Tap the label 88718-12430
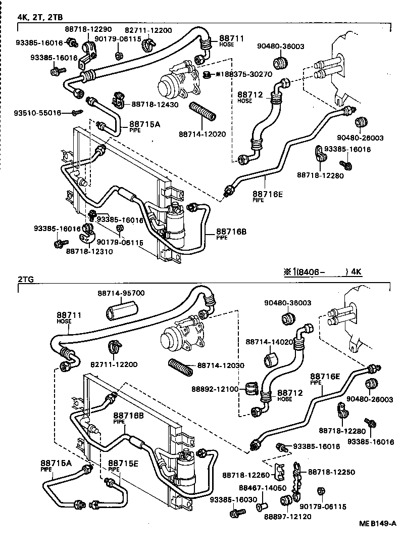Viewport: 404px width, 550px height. [155, 104]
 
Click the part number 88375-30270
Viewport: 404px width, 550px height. [248, 74]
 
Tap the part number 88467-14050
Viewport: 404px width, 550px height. [263, 488]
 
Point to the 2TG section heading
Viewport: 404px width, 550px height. [25, 279]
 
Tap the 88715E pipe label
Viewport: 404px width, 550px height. [120, 463]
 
